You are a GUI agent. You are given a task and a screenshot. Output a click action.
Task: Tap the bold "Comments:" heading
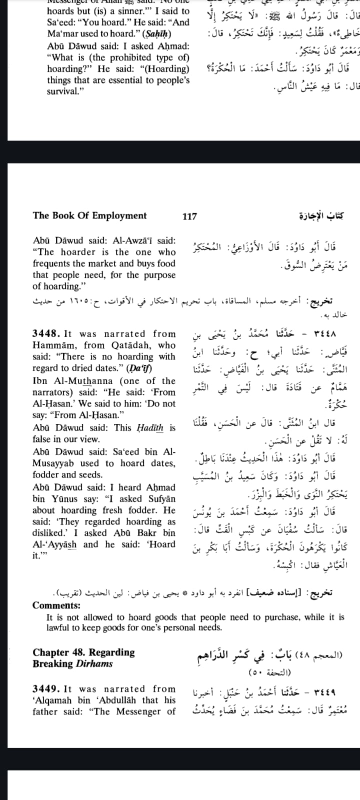click(56, 605)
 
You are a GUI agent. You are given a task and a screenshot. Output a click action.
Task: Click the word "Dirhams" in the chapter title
click(94, 663)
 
